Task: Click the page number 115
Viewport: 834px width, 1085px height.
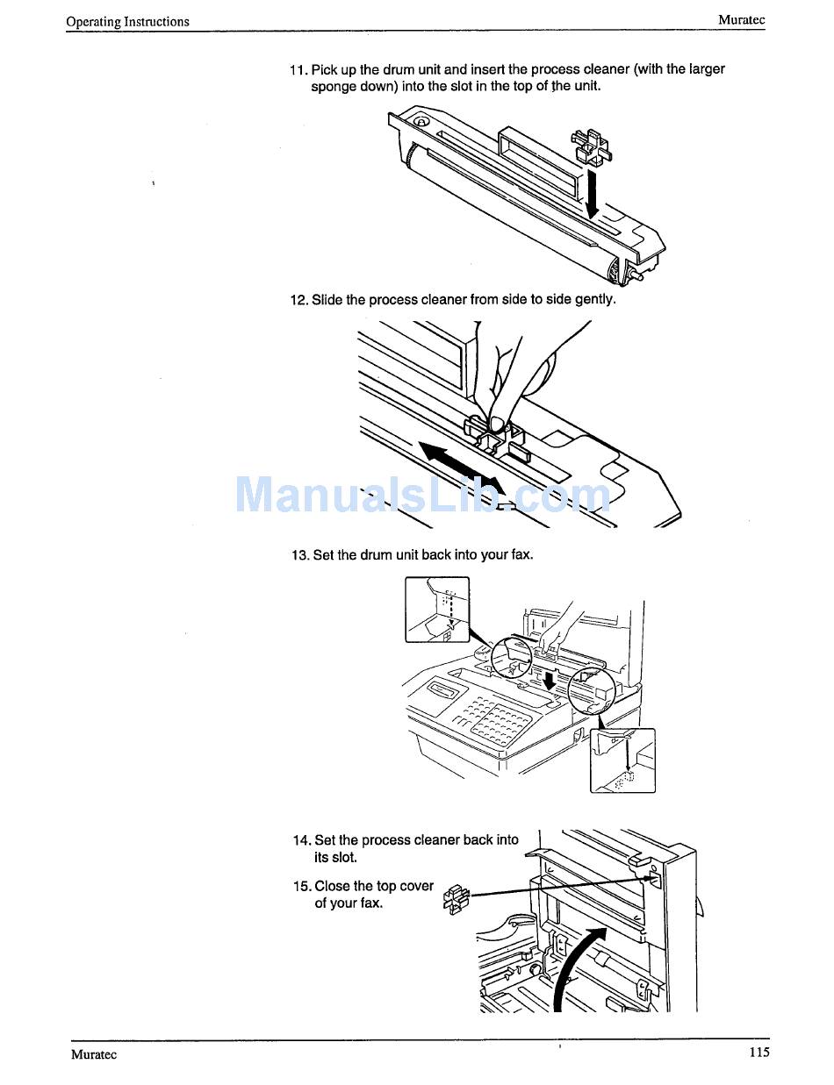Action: click(x=759, y=1053)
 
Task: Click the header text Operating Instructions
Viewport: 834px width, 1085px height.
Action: click(x=127, y=22)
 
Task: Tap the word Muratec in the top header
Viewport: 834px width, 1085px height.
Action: click(x=741, y=19)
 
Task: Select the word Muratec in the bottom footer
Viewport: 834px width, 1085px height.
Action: click(x=94, y=1054)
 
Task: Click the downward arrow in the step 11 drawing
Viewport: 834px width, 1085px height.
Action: click(x=593, y=195)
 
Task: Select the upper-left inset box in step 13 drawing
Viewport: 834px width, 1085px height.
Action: click(x=437, y=609)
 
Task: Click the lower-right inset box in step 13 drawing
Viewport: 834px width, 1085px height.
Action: click(x=622, y=760)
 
